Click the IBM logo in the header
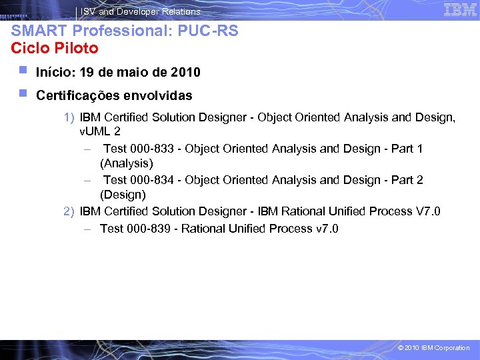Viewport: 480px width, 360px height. tap(460, 9)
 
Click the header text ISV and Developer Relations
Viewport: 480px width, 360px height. tap(141, 11)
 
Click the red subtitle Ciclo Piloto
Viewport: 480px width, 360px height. tap(55, 49)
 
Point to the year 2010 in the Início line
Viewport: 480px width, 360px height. tap(185, 72)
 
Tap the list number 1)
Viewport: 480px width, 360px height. tap(69, 117)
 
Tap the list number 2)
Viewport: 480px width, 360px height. tap(69, 211)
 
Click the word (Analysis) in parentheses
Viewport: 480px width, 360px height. tap(127, 163)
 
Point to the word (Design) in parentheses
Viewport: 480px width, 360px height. tap(123, 195)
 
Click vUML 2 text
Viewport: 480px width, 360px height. tap(100, 131)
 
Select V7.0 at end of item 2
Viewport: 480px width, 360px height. tap(428, 211)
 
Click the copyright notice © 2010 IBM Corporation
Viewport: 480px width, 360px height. tap(433, 348)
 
